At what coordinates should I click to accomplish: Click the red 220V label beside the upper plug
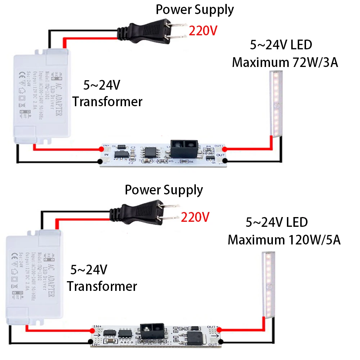203,31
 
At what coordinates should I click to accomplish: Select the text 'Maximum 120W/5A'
284,239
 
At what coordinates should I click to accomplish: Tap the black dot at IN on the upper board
101,161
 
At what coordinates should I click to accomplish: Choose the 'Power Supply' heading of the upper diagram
194,10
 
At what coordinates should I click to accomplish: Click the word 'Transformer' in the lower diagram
102,287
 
